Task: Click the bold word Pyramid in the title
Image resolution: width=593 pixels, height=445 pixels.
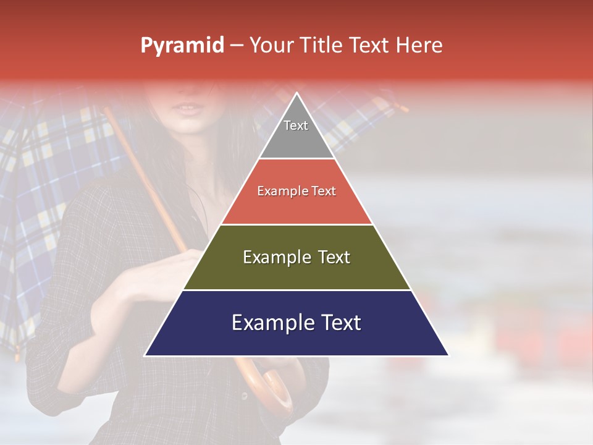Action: (182, 46)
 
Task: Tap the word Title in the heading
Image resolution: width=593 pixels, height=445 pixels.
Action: (321, 46)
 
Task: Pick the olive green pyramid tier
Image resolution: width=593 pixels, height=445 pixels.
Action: (296, 272)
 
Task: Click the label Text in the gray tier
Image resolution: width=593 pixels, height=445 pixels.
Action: (296, 125)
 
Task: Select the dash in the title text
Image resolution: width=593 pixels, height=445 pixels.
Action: (236, 46)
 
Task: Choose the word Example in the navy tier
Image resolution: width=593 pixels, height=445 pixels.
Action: (272, 323)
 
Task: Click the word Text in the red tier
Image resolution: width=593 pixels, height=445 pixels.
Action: (324, 192)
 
